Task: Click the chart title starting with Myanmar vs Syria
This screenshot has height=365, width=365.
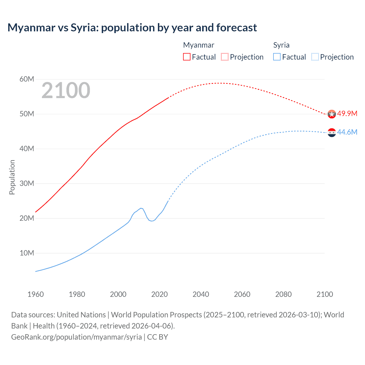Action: click(132, 28)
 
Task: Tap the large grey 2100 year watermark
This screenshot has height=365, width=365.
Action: click(66, 90)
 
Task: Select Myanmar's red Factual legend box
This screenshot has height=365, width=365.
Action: click(186, 57)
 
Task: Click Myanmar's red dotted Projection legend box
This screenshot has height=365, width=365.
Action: click(225, 57)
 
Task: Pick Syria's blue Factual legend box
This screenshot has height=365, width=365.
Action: click(277, 57)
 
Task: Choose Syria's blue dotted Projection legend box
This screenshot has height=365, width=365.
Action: click(315, 57)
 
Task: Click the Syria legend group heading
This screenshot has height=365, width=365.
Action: click(281, 45)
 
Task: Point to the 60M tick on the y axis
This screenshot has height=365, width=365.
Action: click(27, 79)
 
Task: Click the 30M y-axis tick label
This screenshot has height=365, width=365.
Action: click(27, 183)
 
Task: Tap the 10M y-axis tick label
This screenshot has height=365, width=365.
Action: click(27, 253)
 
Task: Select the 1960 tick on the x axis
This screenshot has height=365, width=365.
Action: click(36, 294)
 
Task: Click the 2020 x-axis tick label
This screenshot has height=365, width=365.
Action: click(159, 294)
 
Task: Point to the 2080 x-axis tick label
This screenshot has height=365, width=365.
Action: click(283, 294)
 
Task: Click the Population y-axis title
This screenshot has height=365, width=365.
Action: click(12, 177)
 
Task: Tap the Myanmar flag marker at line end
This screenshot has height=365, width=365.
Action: click(332, 114)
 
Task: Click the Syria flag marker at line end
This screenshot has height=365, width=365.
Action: click(332, 133)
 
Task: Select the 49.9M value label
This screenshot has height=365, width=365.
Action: click(347, 113)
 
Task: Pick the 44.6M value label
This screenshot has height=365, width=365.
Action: click(347, 132)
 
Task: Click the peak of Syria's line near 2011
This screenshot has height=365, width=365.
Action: click(141, 208)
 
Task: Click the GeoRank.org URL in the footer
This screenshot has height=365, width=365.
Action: click(76, 337)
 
